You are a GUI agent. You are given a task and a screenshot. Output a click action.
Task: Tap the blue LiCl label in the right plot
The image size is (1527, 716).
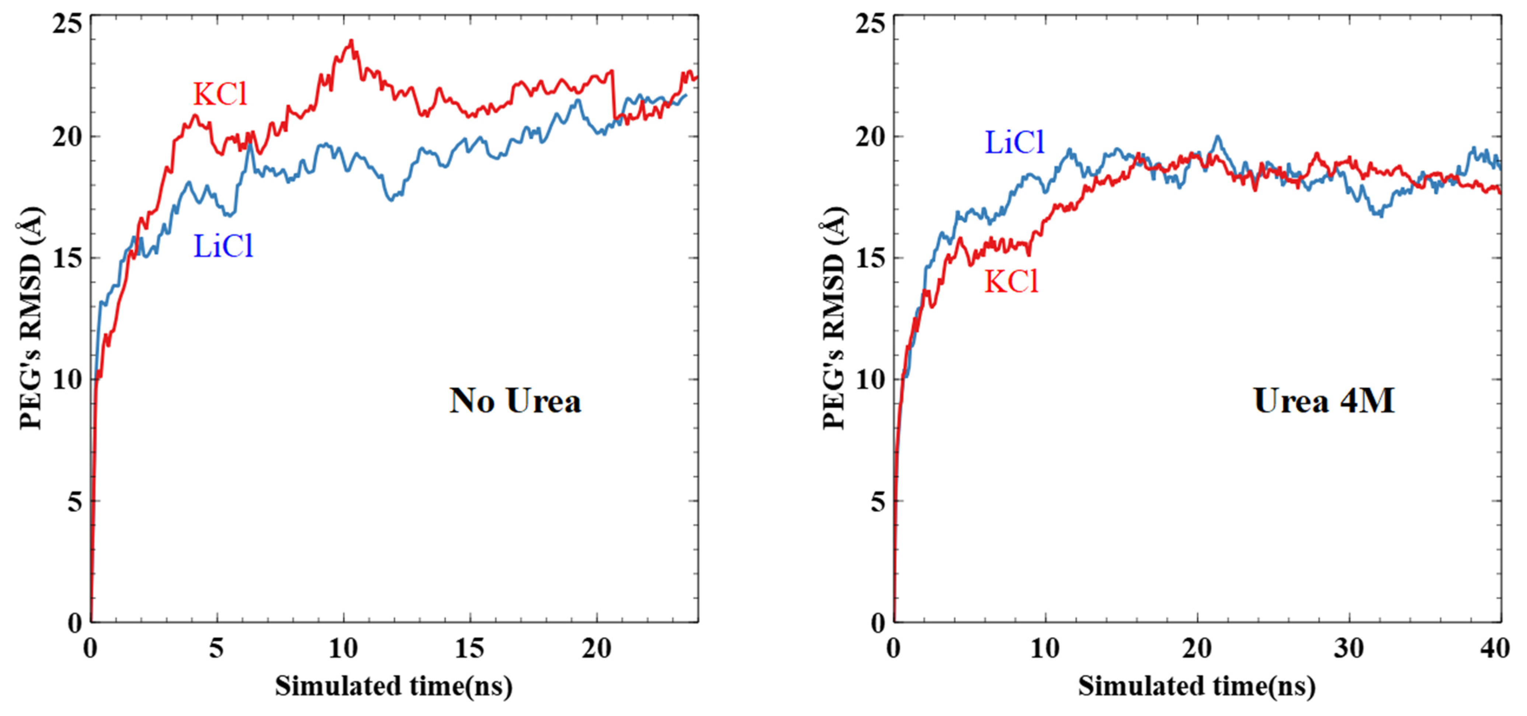tap(1014, 143)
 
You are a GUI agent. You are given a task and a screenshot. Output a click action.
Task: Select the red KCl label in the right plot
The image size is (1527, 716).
tap(1011, 282)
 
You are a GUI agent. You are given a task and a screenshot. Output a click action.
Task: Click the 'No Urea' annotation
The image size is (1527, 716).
tap(515, 401)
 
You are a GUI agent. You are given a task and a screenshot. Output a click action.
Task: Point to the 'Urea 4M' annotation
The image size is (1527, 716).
tap(1324, 401)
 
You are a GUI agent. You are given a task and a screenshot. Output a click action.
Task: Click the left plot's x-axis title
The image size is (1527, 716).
tap(393, 687)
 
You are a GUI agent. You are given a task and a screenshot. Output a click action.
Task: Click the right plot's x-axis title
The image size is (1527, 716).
tap(1197, 687)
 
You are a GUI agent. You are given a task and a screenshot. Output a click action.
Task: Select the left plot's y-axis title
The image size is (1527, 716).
tap(31, 318)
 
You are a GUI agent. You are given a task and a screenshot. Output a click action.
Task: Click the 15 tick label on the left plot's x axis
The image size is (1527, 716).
tap(469, 649)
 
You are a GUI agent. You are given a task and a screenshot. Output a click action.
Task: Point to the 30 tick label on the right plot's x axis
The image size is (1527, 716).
tap(1349, 649)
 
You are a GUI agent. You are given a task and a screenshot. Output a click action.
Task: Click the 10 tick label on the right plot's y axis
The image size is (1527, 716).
tap(870, 380)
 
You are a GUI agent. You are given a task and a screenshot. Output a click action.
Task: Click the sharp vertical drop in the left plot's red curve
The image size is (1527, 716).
tap(614, 95)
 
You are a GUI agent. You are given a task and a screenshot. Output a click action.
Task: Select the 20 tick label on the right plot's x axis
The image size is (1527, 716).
tap(1197, 649)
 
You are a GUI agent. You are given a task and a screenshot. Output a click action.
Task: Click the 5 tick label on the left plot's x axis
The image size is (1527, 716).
tap(217, 649)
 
